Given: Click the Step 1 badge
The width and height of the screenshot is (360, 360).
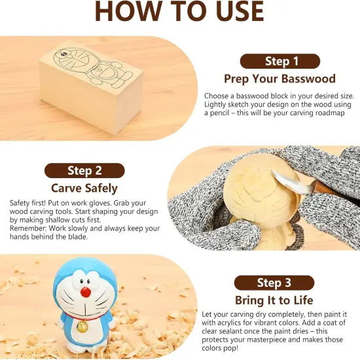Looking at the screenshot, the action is [x=280, y=62].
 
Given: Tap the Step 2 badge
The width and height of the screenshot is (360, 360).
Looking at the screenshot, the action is [x=84, y=171].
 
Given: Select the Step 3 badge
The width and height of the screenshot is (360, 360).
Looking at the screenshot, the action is [x=274, y=283].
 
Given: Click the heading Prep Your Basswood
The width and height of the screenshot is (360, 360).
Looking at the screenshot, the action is [x=280, y=79].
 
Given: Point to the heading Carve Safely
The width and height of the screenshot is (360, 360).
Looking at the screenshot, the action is [x=84, y=189].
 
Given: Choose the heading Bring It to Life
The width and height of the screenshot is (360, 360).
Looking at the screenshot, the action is [x=274, y=300].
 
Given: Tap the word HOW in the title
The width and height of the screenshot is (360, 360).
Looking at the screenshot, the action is [x=130, y=11].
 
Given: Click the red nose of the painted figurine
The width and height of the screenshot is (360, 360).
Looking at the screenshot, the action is [x=86, y=292].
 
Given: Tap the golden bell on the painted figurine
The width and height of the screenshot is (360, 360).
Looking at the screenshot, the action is [x=82, y=327].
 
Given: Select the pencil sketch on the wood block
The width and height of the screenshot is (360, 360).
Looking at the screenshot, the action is [x=93, y=68].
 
